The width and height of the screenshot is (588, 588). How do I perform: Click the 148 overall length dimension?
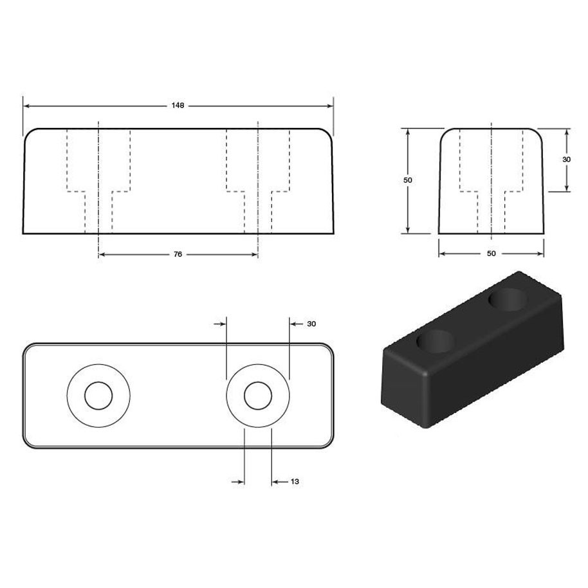[x=178, y=106]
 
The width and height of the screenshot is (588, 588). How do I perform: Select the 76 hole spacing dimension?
[x=178, y=254]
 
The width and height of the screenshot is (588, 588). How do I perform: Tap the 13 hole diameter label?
[x=295, y=481]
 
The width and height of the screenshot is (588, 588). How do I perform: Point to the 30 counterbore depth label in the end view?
[x=566, y=160]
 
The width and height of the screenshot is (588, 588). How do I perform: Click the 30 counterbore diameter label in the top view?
[x=311, y=324]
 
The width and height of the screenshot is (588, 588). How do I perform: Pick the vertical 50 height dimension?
[x=408, y=180]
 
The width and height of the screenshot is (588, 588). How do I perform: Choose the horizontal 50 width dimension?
[x=492, y=253]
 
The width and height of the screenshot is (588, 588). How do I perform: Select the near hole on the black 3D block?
[x=436, y=341]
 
